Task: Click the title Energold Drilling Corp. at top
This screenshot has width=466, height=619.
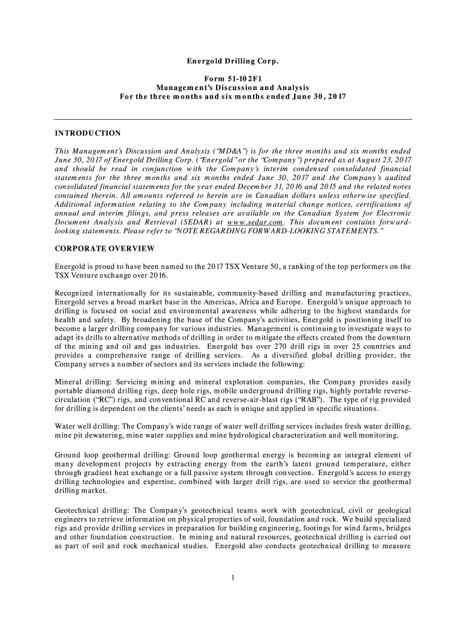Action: coord(233,62)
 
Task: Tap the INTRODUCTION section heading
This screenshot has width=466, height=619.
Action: coord(88,133)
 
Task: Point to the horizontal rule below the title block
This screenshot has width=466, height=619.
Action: coord(233,120)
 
